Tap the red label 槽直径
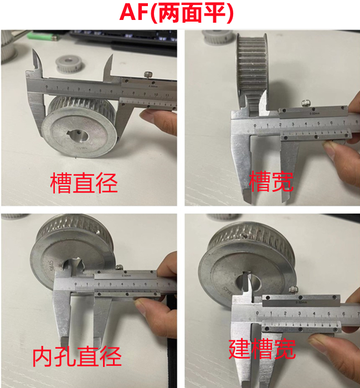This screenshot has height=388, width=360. pos(84,183)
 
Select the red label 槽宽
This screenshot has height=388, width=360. pos(271,181)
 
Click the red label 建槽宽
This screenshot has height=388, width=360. pos(263,349)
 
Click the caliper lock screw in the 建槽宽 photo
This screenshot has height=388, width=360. pos(293,288)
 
